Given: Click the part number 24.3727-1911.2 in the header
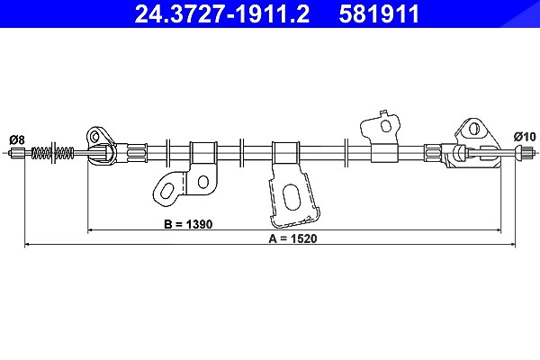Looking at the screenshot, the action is tap(222, 13).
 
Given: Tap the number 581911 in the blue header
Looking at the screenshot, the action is tap(379, 13).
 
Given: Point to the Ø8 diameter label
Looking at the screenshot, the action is tap(17, 139).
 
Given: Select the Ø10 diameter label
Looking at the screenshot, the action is tap(525, 137).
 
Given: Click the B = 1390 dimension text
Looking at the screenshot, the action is tap(188, 224).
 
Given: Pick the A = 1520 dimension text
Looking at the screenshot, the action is tap(292, 238).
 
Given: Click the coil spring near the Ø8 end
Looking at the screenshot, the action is tap(53, 153).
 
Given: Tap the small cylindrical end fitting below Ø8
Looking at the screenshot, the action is tap(17, 153).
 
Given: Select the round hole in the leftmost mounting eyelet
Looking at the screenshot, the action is tap(94, 137).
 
